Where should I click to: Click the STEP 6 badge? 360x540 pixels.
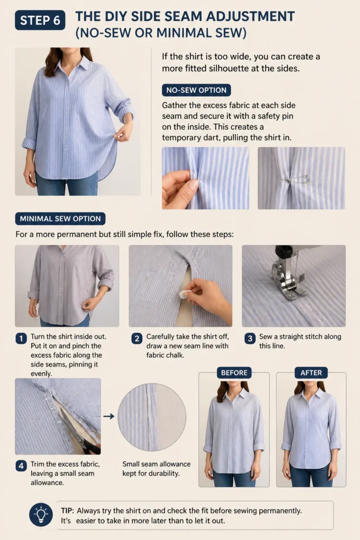click(40, 21)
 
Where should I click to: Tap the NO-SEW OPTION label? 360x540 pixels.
click(196, 90)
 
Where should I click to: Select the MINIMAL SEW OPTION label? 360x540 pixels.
click(60, 219)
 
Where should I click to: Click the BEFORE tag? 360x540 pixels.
click(234, 373)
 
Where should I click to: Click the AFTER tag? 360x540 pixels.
click(311, 373)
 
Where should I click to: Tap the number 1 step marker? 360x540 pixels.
click(21, 339)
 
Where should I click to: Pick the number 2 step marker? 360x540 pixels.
click(137, 339)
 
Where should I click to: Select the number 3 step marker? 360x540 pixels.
click(250, 339)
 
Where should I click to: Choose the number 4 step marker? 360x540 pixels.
click(21, 466)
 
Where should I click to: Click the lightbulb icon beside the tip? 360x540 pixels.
click(41, 515)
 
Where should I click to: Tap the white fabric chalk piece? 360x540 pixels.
click(185, 294)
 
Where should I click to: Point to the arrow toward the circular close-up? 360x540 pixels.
click(109, 417)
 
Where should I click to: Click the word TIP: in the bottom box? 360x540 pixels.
click(67, 510)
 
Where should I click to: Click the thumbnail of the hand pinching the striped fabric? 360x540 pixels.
click(206, 178)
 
